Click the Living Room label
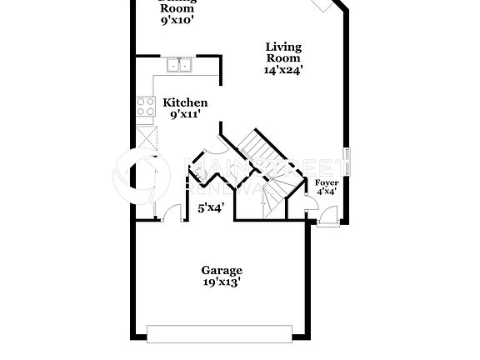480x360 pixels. (x=283, y=52)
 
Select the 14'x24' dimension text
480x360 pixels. (x=283, y=71)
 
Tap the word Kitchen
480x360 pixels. (x=185, y=102)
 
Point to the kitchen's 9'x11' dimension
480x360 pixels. (x=185, y=114)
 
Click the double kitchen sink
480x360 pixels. (x=178, y=65)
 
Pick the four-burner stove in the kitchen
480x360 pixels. (x=146, y=106)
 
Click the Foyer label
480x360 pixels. (x=326, y=182)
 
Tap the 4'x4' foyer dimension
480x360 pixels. (x=326, y=192)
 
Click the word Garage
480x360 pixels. (x=222, y=270)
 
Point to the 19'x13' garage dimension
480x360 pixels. (x=222, y=282)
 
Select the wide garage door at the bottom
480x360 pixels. (x=221, y=333)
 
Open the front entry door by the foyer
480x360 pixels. (x=326, y=217)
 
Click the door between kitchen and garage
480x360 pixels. (x=173, y=213)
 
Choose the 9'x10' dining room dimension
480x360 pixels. (x=177, y=20)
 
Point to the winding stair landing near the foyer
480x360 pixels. (x=275, y=196)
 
